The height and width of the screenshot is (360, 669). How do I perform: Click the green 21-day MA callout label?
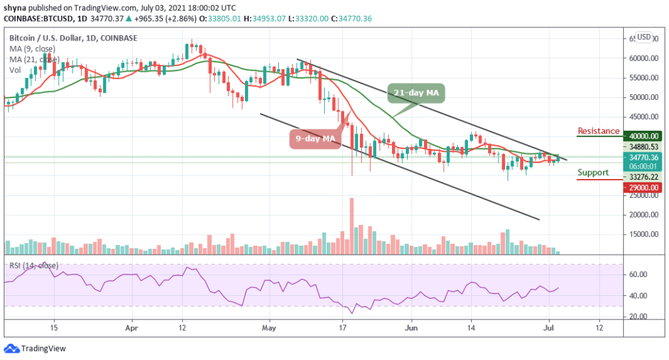416,93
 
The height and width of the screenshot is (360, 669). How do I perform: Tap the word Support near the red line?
593,172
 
